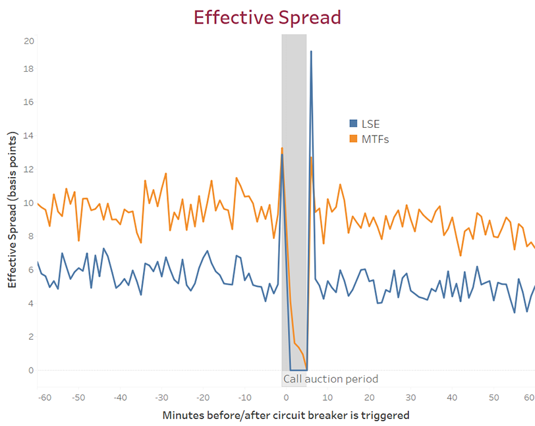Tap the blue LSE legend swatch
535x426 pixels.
point(353,123)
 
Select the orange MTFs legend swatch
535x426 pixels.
point(353,139)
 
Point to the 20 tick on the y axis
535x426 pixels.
point(28,41)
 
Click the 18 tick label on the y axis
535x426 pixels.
point(28,69)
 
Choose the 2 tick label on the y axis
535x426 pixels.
point(30,336)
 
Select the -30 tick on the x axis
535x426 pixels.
point(161,398)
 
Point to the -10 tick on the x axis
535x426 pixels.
point(244,398)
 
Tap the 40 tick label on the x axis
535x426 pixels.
point(452,398)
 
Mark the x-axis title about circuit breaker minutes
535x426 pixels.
point(286,415)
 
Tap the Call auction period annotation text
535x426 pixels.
point(331,379)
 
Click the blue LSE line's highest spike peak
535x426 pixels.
point(311,51)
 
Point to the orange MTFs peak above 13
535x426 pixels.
point(282,149)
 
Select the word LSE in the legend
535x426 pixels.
point(370,123)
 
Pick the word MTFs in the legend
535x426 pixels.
point(375,139)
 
